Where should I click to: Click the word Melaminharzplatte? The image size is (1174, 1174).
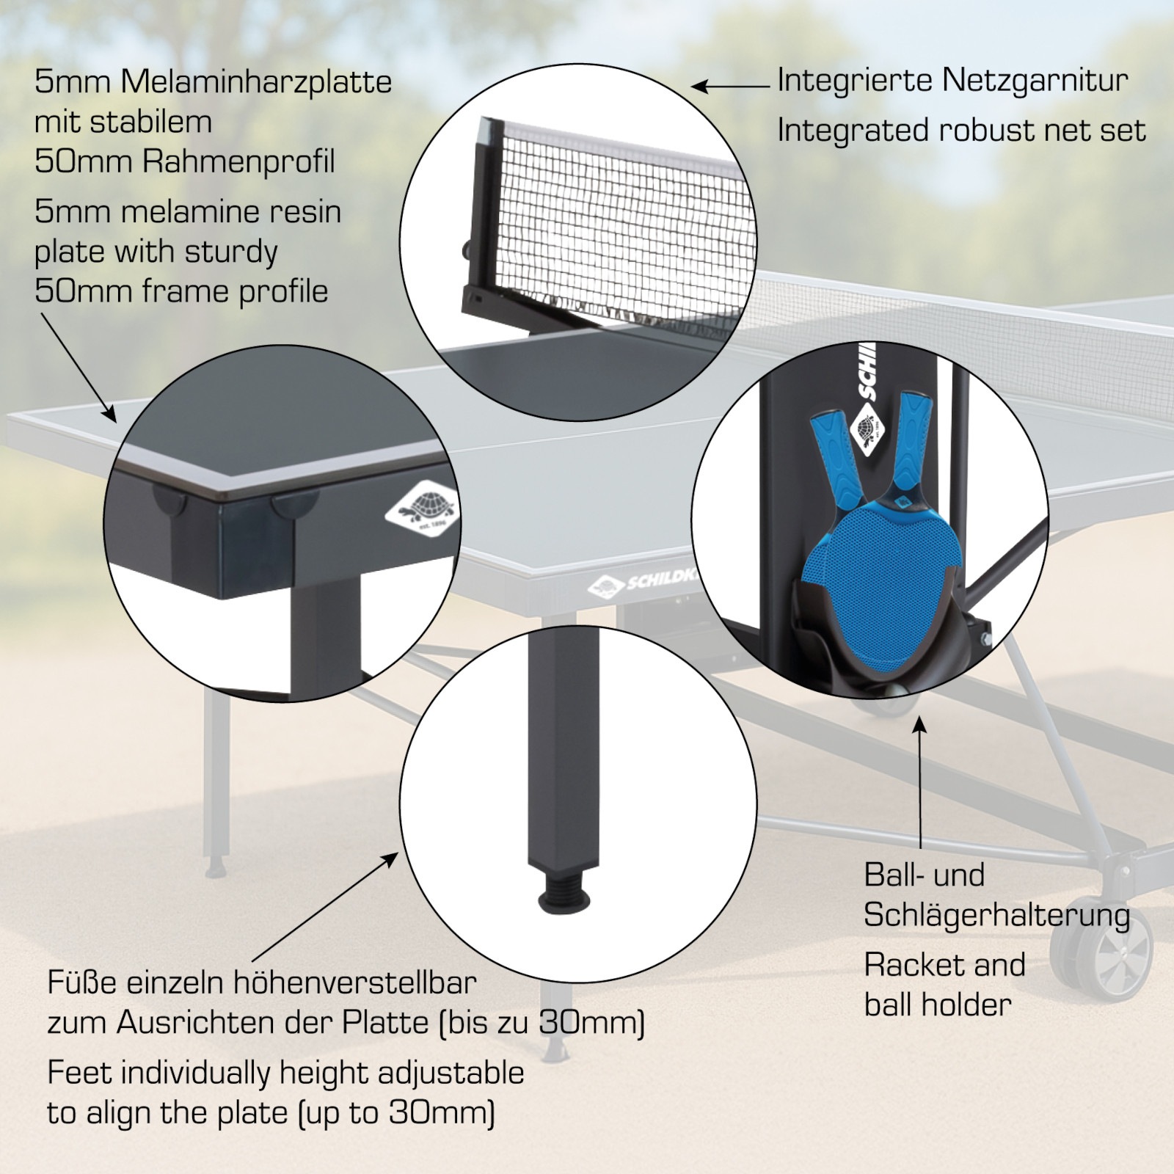(256, 82)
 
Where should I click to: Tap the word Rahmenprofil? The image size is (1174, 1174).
(238, 161)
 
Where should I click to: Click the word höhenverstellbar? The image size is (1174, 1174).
(354, 982)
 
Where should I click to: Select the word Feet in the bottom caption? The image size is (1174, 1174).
(79, 1073)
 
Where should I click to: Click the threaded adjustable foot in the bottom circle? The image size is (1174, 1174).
(564, 891)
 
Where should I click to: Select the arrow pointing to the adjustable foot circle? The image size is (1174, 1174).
(325, 907)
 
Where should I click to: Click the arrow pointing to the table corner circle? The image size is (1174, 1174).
(79, 368)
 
